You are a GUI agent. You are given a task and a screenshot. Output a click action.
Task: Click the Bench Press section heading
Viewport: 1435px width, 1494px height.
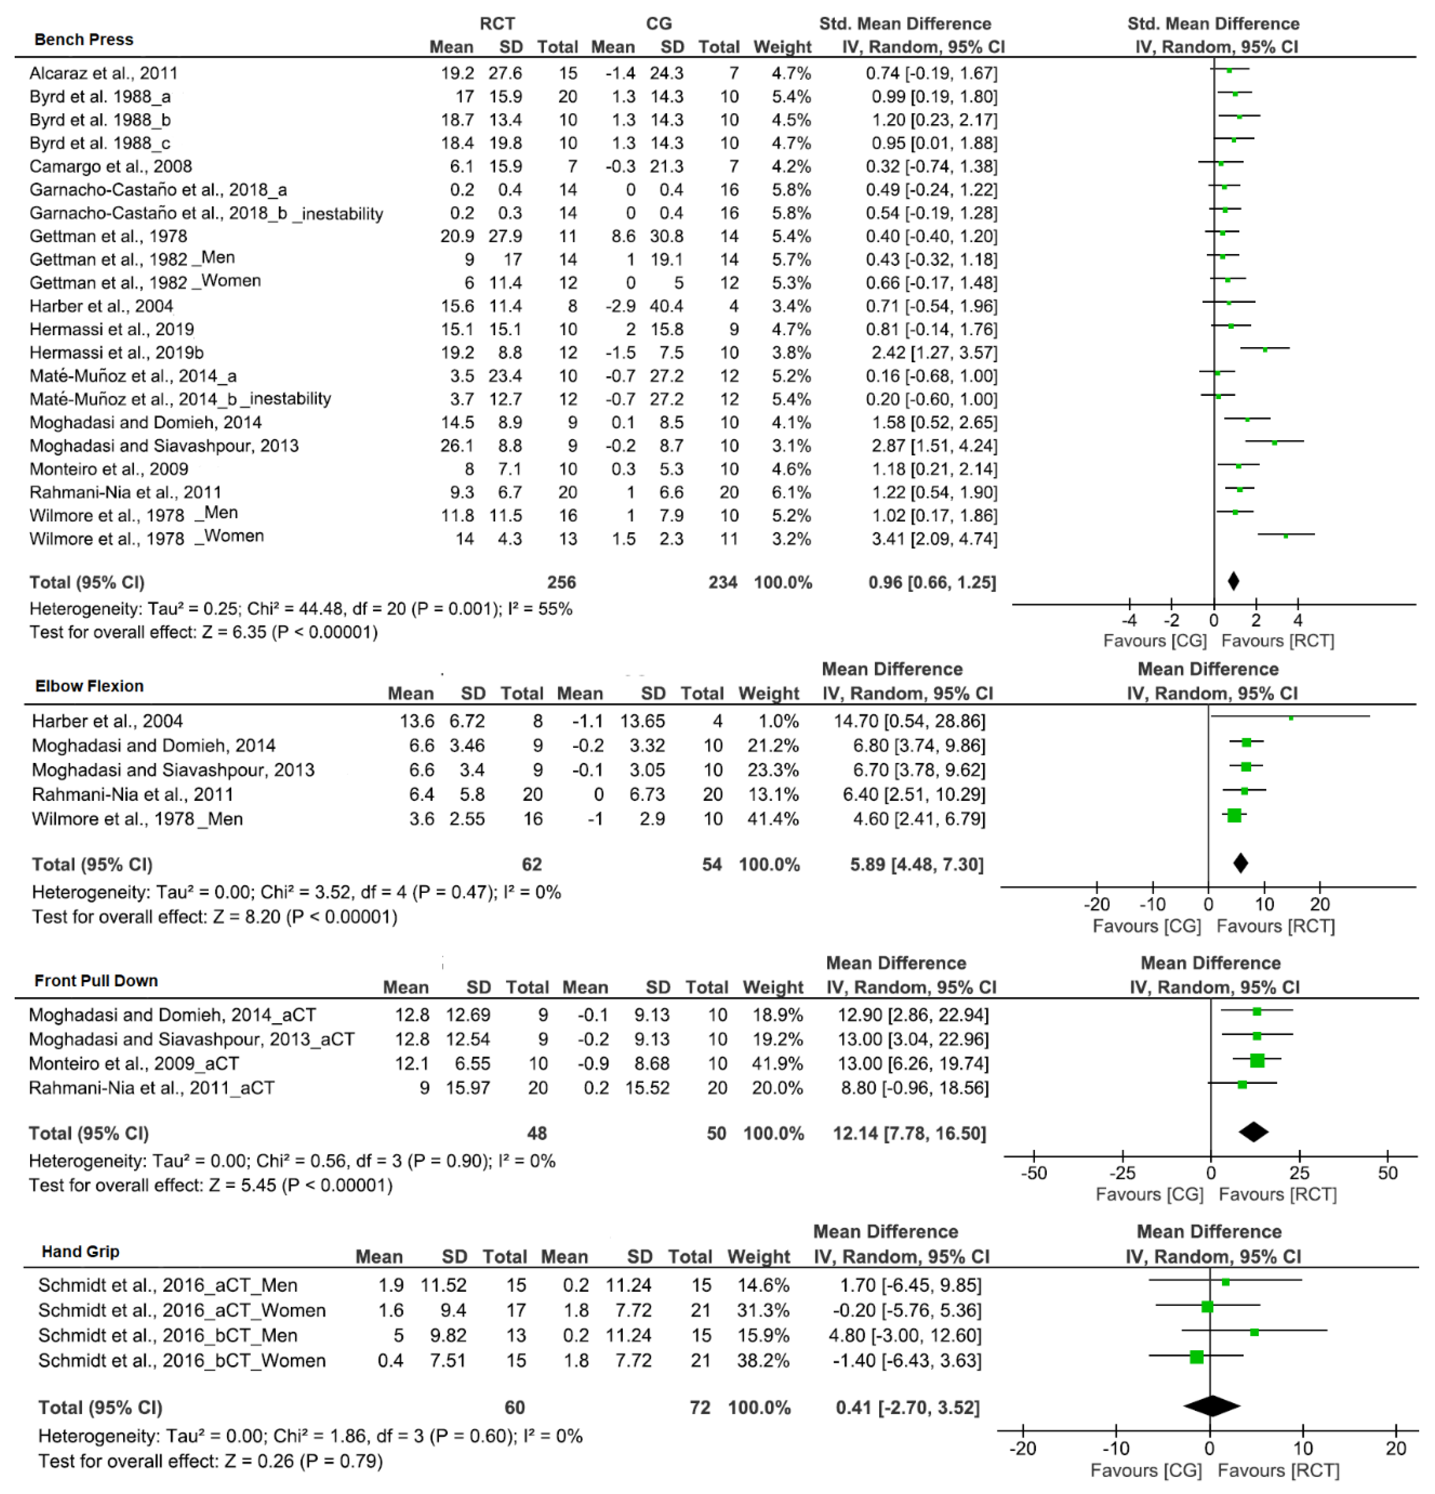pos(84,40)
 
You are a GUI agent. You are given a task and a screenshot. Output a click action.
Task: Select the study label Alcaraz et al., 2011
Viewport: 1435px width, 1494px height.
pos(104,73)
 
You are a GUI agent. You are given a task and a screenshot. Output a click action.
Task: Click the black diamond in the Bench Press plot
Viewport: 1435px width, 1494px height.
pos(1233,582)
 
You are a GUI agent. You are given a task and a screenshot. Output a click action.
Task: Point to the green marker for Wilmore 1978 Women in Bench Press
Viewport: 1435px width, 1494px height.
pos(1286,536)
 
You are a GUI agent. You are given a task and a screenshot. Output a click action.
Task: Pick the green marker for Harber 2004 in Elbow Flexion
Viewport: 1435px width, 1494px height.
pos(1291,717)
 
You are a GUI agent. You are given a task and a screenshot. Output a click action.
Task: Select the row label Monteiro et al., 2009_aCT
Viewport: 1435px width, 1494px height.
pos(134,1063)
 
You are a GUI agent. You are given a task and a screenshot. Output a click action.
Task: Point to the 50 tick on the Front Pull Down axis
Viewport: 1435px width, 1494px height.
pos(1388,1173)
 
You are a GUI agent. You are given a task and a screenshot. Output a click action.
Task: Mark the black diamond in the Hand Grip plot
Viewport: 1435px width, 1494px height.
pos(1212,1406)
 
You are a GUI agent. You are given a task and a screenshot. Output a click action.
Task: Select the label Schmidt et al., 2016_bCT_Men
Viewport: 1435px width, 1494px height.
pos(168,1335)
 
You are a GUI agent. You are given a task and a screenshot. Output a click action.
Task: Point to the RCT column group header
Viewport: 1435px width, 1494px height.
pos(497,24)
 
